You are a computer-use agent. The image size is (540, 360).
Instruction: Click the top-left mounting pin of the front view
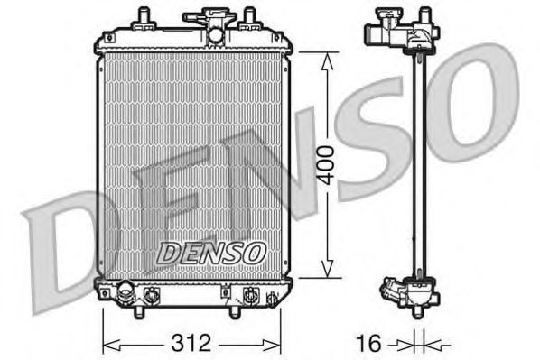coord(143,16)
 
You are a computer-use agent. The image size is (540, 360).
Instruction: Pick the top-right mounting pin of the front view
coord(245,16)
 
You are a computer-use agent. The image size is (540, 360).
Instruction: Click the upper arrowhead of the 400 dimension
coord(326,57)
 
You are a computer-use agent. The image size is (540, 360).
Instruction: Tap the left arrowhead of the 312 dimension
coord(107,343)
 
